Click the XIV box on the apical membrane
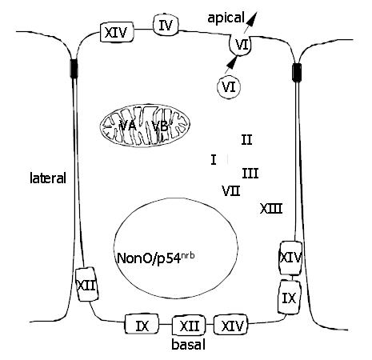click(117, 32)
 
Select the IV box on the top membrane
click(166, 25)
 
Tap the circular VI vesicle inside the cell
click(229, 87)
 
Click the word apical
click(226, 18)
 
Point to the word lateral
click(48, 178)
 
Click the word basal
click(188, 345)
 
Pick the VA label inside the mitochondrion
click(128, 126)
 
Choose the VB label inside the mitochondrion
click(160, 126)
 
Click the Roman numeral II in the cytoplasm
click(246, 140)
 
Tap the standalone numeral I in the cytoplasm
click(214, 160)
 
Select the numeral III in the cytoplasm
click(250, 174)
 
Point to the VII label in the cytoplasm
click(231, 190)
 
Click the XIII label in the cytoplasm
click(271, 209)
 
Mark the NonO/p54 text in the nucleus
click(156, 258)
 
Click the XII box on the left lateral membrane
click(86, 285)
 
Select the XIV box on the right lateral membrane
click(290, 258)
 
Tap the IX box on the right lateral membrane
click(290, 298)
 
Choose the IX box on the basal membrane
click(142, 324)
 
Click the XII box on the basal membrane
click(189, 326)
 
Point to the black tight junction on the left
click(74, 68)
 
